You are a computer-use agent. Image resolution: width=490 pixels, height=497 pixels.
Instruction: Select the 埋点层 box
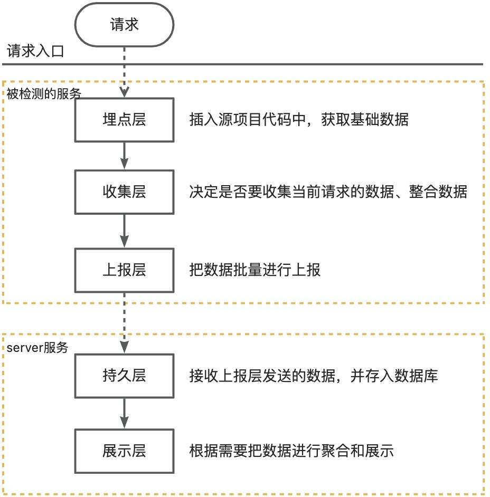tap(124, 120)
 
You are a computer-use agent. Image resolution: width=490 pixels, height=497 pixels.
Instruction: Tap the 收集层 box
tap(124, 191)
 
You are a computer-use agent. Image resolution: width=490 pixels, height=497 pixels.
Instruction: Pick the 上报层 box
tap(124, 270)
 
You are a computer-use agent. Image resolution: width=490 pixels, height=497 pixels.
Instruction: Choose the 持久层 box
tap(124, 376)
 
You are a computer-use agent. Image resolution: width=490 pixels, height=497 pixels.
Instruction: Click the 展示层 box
tap(124, 451)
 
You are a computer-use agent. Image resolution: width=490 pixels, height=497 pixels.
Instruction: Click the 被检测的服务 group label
tap(44, 94)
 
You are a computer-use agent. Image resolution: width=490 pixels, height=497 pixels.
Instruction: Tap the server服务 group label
tap(37, 348)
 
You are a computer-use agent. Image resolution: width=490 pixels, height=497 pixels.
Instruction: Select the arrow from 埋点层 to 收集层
tap(125, 155)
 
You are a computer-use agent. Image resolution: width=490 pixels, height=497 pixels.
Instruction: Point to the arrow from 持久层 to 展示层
tap(125, 413)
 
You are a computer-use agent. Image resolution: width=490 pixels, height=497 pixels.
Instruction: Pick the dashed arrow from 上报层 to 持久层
tap(125, 323)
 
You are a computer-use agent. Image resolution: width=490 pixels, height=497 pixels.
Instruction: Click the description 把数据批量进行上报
tap(255, 270)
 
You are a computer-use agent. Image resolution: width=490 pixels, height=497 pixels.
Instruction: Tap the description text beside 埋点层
tap(299, 120)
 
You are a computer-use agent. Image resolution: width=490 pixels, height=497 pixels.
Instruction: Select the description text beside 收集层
tap(328, 191)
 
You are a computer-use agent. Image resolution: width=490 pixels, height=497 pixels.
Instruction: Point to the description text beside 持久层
tap(314, 376)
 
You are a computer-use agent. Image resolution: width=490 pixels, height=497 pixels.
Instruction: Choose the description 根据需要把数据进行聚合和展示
tap(291, 451)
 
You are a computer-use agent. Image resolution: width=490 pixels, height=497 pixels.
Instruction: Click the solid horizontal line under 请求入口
tap(243, 64)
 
